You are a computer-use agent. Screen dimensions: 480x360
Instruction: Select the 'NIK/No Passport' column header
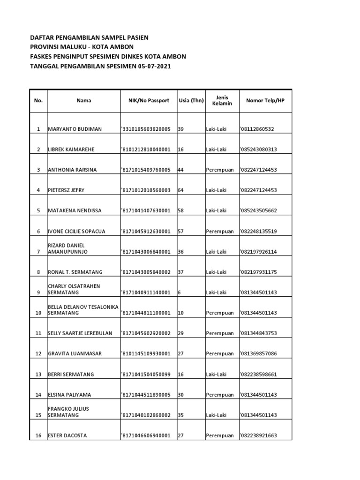coord(149,100)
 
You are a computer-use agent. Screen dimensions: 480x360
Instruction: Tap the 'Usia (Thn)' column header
coord(191,100)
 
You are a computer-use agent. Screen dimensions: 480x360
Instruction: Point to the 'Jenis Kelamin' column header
coord(222,100)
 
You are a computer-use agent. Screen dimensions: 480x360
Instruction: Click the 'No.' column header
coord(38,100)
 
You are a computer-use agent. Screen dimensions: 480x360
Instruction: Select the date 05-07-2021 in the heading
coord(154,67)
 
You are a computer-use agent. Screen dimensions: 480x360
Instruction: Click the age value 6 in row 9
coord(180,292)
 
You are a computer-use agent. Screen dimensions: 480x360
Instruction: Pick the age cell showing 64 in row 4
coord(181,190)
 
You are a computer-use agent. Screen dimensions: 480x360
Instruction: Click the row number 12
coord(38,353)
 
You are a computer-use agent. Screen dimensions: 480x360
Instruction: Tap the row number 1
coord(38,129)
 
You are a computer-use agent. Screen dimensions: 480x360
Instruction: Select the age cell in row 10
coord(181,313)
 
